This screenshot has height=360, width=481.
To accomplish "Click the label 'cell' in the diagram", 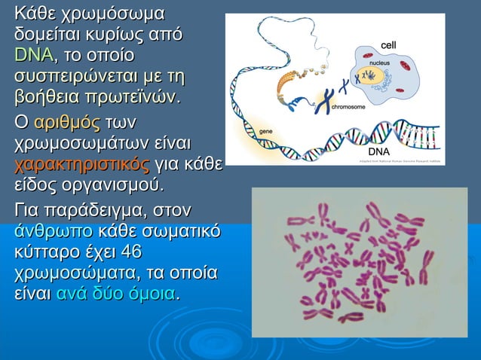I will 388,46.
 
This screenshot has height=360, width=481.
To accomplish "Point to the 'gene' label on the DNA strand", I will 265,131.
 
